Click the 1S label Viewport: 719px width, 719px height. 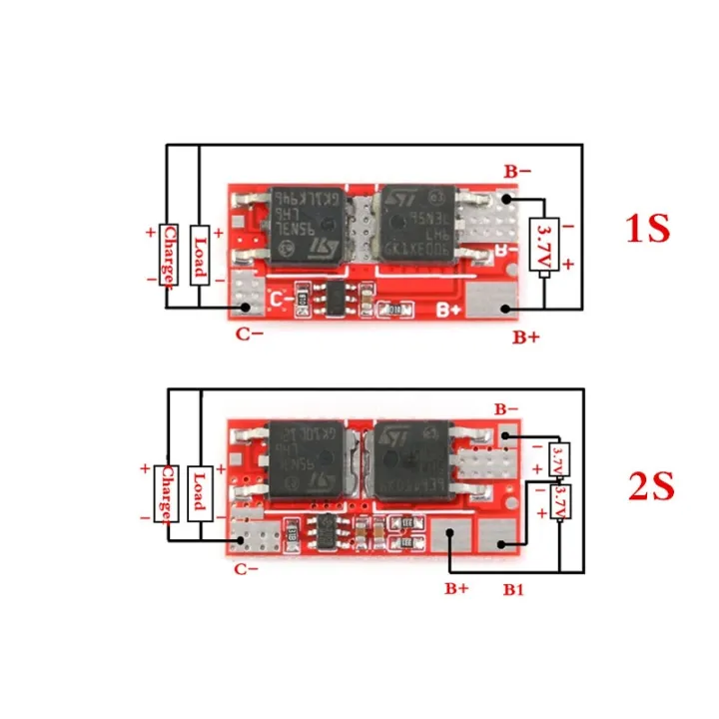coord(647,229)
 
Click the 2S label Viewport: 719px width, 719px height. coord(651,487)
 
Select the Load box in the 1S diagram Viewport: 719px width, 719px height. coord(200,254)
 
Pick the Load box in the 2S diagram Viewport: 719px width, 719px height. coord(200,492)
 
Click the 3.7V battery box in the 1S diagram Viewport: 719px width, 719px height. coord(545,244)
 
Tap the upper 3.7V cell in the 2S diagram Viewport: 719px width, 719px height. coord(560,461)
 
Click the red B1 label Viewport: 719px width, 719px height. coord(513,590)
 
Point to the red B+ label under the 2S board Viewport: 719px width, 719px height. coord(456,588)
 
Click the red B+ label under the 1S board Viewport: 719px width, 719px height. coord(526,338)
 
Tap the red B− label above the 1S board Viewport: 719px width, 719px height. coord(517,172)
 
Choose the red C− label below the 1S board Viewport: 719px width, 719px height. coord(250,334)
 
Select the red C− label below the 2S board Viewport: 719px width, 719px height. coord(247,569)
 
